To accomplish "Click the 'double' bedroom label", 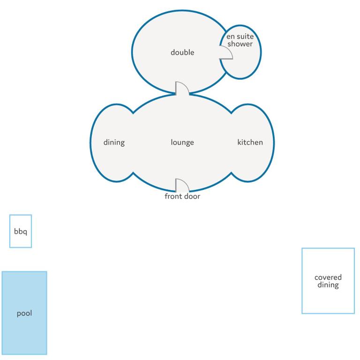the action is [182, 52].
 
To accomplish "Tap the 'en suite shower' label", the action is [240, 40].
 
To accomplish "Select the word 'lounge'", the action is [182, 142].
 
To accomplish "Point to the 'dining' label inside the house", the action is [114, 142].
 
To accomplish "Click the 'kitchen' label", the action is [250, 142].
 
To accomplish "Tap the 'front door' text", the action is [182, 196].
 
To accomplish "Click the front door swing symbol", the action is [182, 185].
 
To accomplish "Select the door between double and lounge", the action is [182, 88].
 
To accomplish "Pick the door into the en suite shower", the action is [226, 52].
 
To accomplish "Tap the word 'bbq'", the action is [21, 232].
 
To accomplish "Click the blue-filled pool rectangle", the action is [24, 313].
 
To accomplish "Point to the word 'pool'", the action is [24, 314].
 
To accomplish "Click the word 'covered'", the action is [328, 277].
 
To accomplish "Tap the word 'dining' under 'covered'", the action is [328, 285].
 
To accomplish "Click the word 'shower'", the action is [240, 44].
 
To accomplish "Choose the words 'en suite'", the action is [240, 37].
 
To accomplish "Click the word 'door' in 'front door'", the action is [191, 196].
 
